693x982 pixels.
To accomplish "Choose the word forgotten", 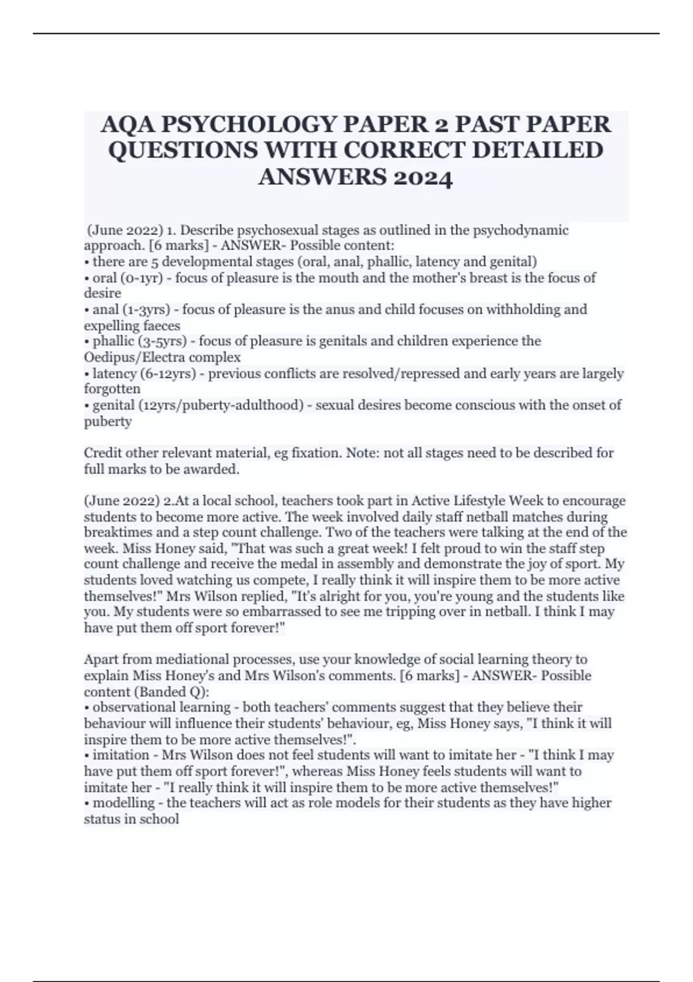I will point(112,389).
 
